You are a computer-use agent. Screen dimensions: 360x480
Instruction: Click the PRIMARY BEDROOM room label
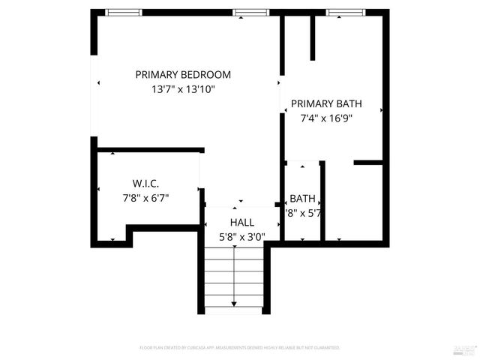pos(183,75)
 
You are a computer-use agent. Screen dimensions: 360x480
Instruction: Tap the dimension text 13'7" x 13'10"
pos(183,89)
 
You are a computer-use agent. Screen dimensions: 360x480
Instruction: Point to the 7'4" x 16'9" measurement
pos(325,118)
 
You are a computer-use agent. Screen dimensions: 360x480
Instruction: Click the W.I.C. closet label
pos(145,184)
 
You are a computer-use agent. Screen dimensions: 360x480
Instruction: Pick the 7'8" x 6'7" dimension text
pos(145,198)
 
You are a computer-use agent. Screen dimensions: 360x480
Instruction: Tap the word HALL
pos(241,223)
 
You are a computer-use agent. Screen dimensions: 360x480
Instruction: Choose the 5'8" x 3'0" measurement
pos(241,236)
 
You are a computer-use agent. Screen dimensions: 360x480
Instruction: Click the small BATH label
pos(302,199)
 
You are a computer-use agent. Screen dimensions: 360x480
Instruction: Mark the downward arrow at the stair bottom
pos(234,303)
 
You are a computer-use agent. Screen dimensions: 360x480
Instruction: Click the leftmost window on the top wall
pos(123,12)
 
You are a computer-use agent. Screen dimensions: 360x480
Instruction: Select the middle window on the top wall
pos(250,12)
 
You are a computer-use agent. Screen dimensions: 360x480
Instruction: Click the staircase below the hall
pos(234,277)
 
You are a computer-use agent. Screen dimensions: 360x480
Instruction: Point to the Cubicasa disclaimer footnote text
pos(240,348)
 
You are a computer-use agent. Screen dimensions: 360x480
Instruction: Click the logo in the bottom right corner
pos(465,348)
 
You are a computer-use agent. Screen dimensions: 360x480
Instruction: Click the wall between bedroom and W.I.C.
pos(150,150)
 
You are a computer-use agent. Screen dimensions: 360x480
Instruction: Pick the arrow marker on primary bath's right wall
pos(381,110)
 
